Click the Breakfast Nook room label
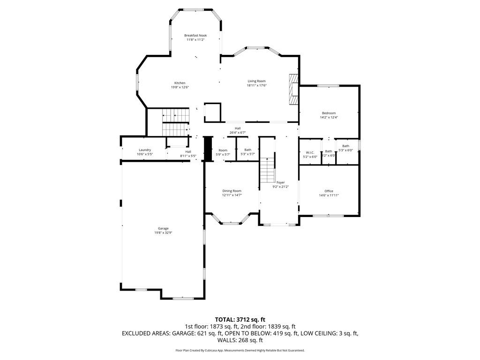(x=195, y=36)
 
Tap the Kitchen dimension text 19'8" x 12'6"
(x=180, y=87)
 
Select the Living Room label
(x=256, y=81)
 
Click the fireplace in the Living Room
(x=293, y=89)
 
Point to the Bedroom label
(x=329, y=113)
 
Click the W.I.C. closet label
(x=309, y=152)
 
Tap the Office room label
(x=329, y=191)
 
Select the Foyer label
(x=280, y=182)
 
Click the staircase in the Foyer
(x=267, y=170)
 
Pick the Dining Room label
(x=232, y=191)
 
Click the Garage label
(x=163, y=228)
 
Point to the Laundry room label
(x=144, y=150)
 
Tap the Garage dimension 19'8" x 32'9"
(x=163, y=233)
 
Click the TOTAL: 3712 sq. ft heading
(x=240, y=320)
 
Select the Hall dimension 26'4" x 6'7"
(x=238, y=133)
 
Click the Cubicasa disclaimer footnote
(x=240, y=350)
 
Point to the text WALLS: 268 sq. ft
(x=240, y=340)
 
